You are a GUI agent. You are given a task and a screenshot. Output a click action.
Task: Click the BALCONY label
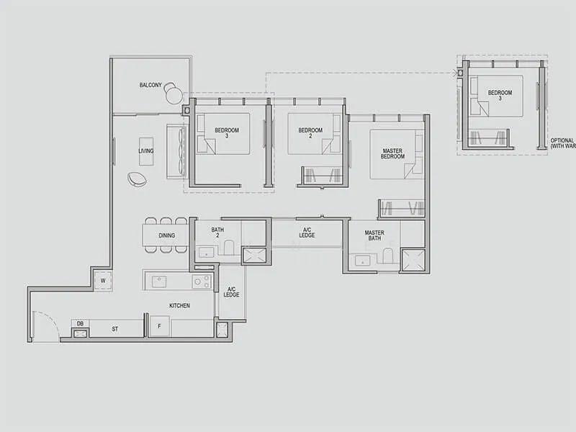(x=149, y=86)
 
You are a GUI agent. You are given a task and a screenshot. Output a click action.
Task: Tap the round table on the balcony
(x=174, y=94)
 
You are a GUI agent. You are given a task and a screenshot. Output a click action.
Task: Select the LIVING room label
(x=146, y=151)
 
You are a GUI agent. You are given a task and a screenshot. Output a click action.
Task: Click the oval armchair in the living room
(x=137, y=179)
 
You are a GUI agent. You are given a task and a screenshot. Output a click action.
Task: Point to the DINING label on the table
(x=166, y=235)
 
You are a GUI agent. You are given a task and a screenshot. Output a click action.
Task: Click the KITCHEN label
(x=179, y=306)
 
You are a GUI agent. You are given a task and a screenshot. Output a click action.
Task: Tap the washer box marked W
(x=103, y=280)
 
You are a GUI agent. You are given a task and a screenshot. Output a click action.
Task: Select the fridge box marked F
(x=159, y=326)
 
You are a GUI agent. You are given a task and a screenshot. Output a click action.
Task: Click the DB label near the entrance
(x=80, y=324)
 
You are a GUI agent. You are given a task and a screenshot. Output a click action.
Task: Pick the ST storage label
(x=114, y=329)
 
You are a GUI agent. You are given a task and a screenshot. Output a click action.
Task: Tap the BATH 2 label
(x=217, y=233)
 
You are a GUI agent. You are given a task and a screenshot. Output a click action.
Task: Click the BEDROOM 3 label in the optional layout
(x=500, y=96)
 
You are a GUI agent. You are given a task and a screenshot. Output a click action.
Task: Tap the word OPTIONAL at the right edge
(x=562, y=140)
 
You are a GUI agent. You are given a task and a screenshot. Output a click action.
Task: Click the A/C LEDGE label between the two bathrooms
(x=307, y=233)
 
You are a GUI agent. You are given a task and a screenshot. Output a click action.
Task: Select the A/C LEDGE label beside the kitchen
(x=231, y=292)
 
